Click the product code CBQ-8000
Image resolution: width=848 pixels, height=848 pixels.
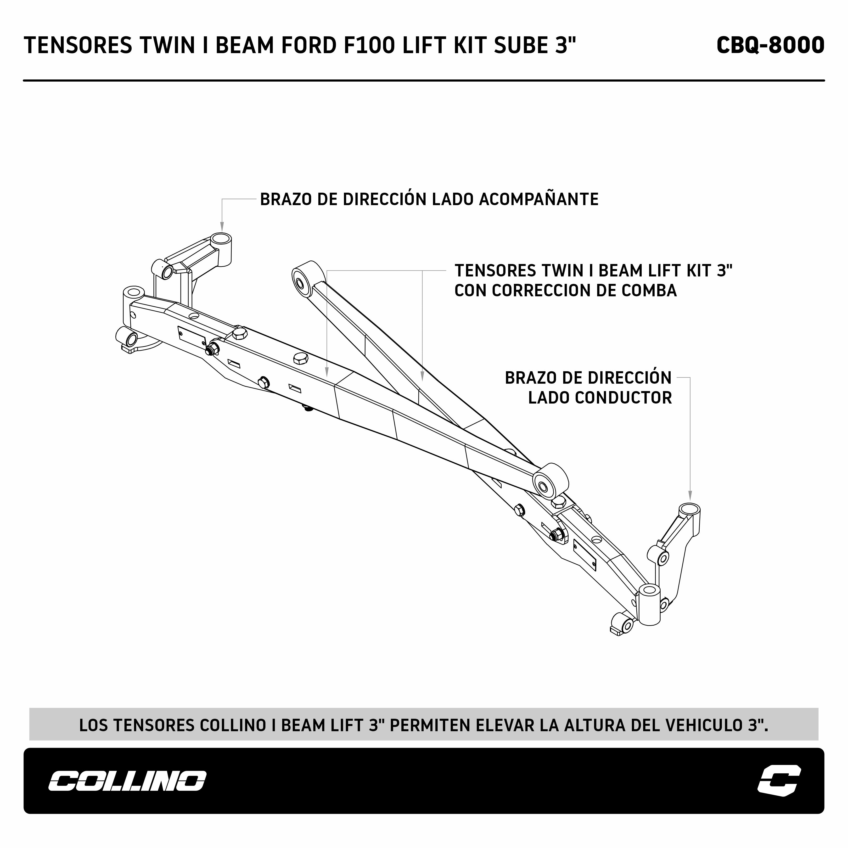pyautogui.click(x=770, y=45)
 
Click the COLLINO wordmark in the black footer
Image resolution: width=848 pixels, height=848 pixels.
pyautogui.click(x=127, y=781)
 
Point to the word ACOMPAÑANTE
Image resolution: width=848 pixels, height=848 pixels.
pyautogui.click(x=539, y=199)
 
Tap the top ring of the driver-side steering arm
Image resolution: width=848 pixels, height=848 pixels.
pyautogui.click(x=689, y=510)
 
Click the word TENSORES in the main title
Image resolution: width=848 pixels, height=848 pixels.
pyautogui.click(x=78, y=45)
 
